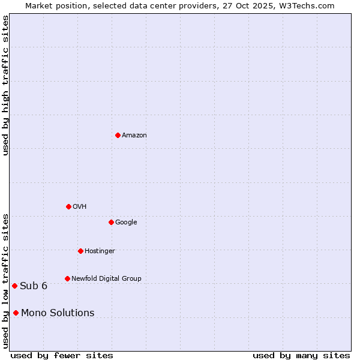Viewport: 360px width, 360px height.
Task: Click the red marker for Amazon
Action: pos(118,135)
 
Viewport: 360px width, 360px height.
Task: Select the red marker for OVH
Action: pos(68,206)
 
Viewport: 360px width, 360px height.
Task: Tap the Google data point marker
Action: pos(111,222)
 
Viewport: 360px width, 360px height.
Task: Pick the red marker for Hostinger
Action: pos(80,251)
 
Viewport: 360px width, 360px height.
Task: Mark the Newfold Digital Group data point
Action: pos(67,278)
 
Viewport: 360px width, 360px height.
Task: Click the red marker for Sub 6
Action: pos(14,286)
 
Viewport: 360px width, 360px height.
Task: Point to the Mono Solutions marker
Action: pos(16,313)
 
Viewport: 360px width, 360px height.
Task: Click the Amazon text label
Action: pos(134,136)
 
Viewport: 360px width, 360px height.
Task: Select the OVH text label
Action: pos(79,207)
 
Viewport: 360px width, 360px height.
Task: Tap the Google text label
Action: pos(126,223)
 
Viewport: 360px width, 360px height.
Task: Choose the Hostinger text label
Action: pos(100,251)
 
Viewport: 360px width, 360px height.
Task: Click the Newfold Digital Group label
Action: pos(106,279)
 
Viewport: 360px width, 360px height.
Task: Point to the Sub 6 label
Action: pos(34,286)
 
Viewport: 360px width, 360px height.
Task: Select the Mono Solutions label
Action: pos(58,313)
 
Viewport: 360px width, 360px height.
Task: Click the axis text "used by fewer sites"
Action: pos(62,355)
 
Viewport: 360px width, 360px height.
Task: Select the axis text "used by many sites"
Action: pos(301,355)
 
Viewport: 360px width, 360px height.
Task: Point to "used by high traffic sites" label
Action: pos(6,85)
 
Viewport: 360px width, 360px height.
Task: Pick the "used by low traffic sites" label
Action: pos(6,281)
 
